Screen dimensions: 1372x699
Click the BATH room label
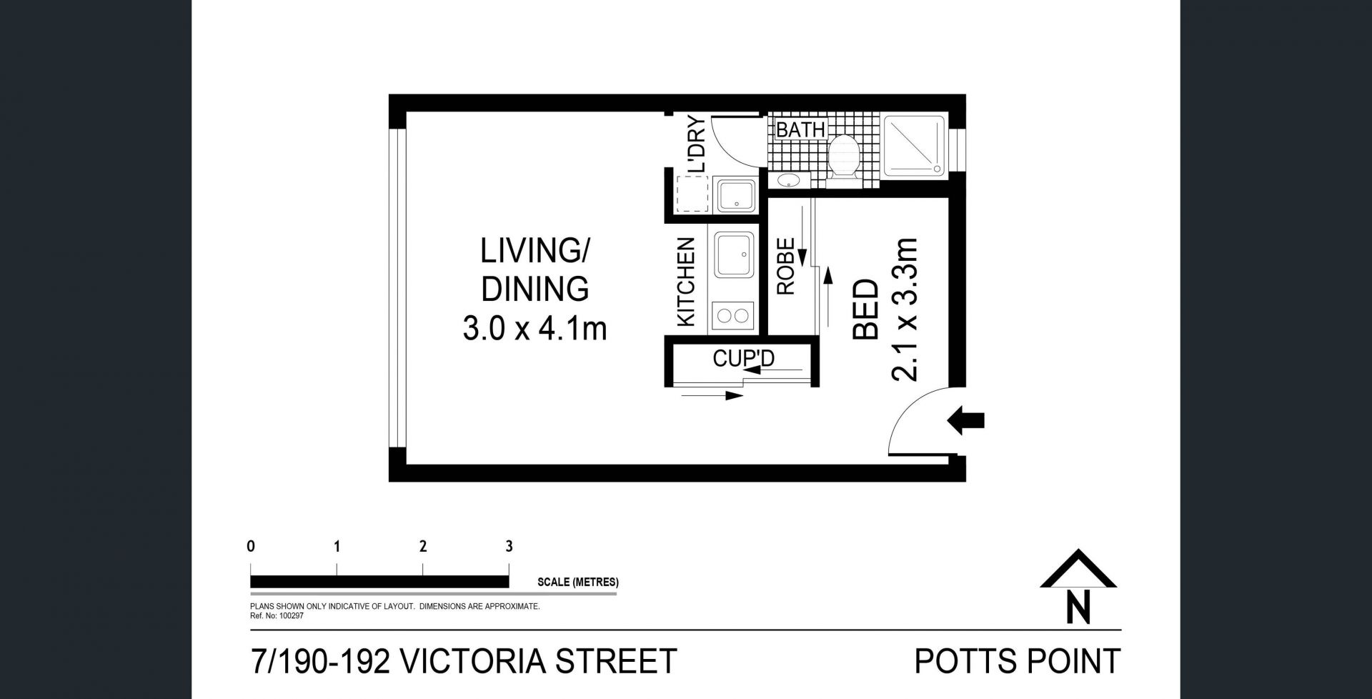point(801,129)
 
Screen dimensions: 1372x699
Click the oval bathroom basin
point(789,179)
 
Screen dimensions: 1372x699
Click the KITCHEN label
point(685,282)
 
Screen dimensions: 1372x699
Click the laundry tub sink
point(735,196)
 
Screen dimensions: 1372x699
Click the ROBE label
point(785,267)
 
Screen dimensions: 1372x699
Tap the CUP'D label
point(744,358)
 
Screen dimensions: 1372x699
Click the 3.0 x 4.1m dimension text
point(535,329)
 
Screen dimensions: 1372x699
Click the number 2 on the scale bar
point(423,547)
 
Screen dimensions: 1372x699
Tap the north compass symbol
point(1078,586)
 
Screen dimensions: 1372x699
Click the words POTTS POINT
point(1018,661)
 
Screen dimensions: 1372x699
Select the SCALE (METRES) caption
point(578,582)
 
